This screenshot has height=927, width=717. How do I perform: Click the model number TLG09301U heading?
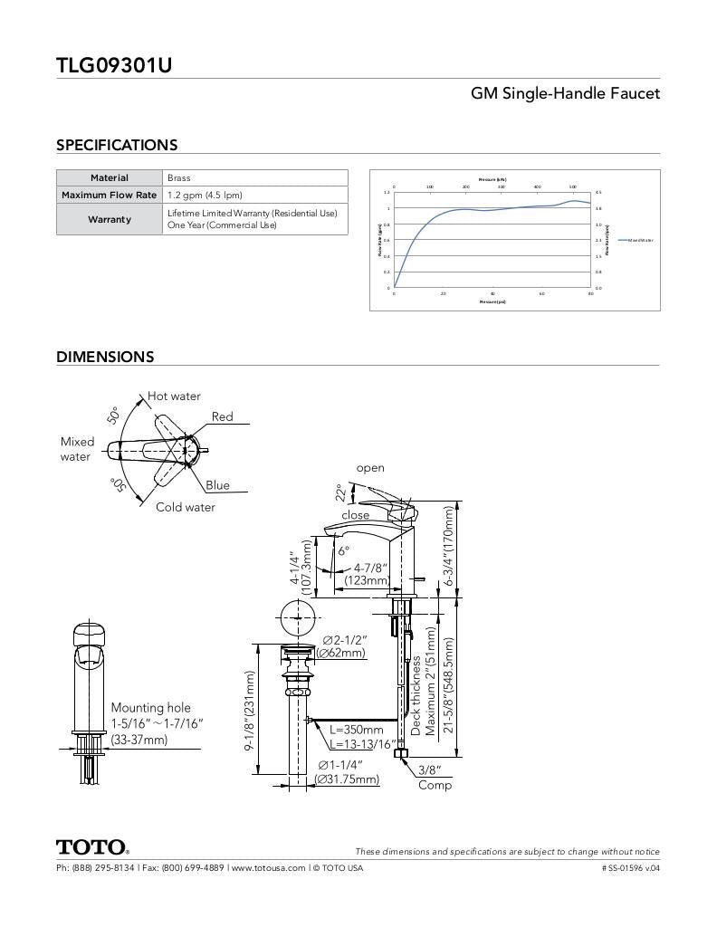[114, 65]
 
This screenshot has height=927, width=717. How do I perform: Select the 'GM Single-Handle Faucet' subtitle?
[565, 93]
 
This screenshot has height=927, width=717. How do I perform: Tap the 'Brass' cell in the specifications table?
[179, 178]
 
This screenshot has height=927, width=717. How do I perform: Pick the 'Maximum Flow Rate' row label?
[110, 195]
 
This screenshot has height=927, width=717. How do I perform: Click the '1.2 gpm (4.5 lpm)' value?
[205, 195]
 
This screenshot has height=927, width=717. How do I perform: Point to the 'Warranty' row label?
[110, 219]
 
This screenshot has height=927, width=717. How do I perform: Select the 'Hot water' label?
[175, 397]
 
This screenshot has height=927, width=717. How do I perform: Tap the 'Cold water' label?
[186, 507]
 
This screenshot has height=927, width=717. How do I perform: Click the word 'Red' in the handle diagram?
[223, 416]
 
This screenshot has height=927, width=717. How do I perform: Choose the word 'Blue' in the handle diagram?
[217, 485]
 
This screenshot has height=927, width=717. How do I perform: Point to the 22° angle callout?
[340, 492]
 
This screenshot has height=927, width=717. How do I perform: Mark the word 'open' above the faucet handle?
[370, 468]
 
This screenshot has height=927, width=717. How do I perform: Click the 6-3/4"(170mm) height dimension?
[448, 546]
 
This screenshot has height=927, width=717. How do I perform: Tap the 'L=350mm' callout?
[357, 730]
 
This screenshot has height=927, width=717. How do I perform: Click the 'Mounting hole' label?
[150, 707]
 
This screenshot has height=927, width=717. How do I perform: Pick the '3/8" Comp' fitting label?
[435, 777]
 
